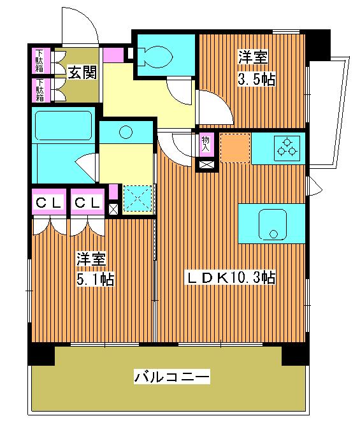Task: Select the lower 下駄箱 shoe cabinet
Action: point(40,90)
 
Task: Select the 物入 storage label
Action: point(206,143)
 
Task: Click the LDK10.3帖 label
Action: point(230,278)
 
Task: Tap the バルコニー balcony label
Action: point(171,377)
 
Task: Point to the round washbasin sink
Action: point(126,133)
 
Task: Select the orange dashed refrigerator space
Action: point(234,148)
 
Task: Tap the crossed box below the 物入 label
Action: point(207,165)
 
